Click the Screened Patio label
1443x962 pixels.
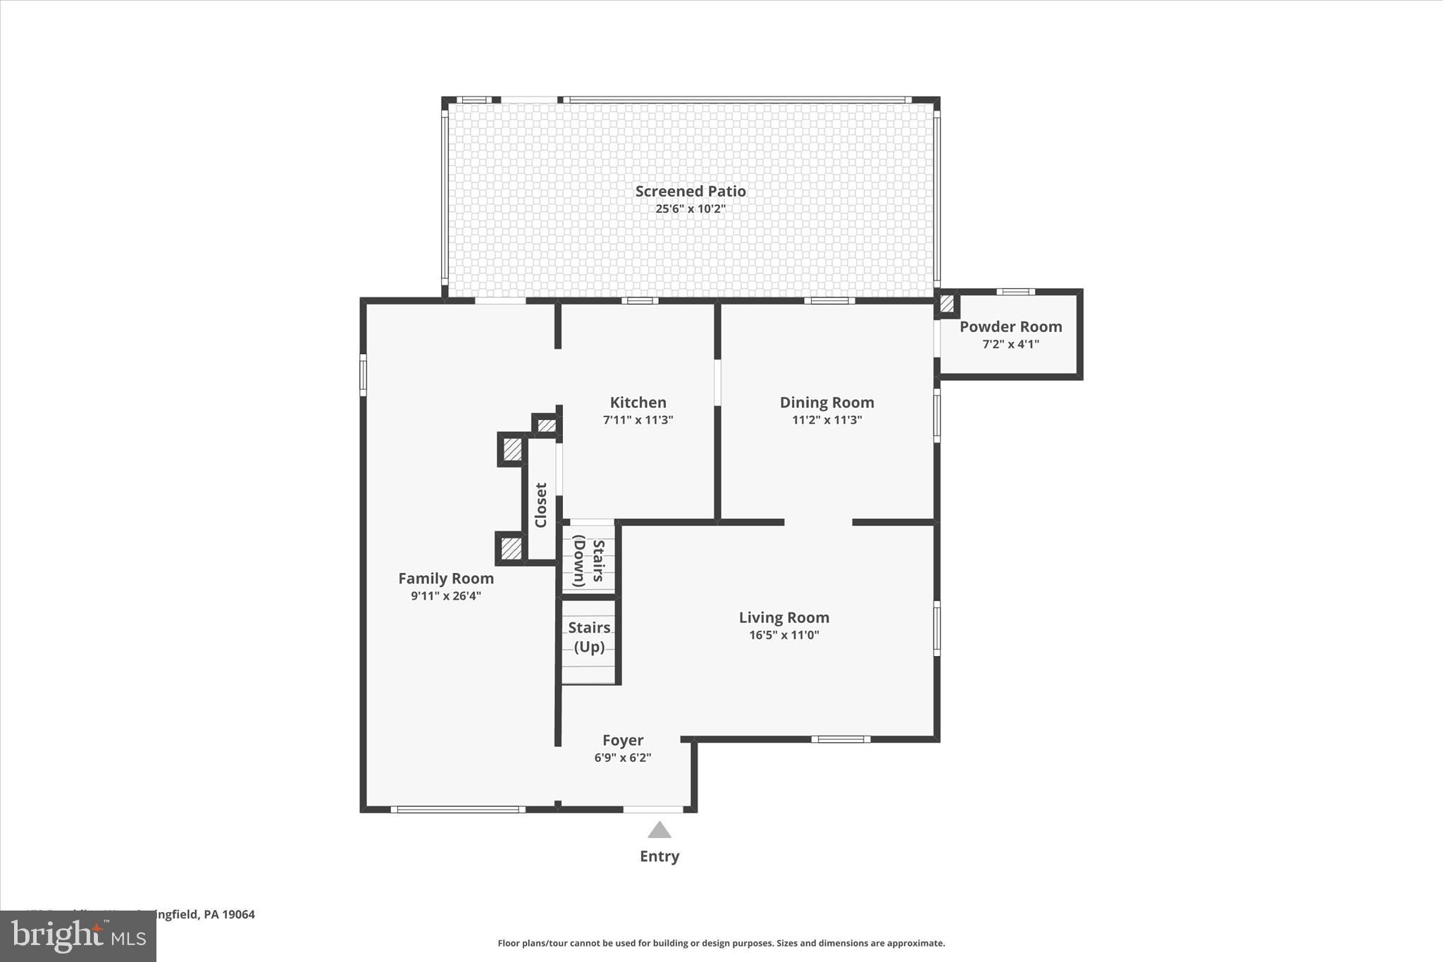point(690,191)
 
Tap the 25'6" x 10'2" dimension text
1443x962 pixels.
point(690,209)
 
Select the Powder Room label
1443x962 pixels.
point(1010,326)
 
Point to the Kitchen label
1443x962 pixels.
point(638,402)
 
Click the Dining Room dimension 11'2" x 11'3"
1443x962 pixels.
point(826,420)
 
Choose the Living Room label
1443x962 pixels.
point(784,617)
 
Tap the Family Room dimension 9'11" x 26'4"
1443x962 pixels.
point(446,596)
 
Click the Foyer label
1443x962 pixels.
point(623,740)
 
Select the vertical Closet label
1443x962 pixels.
point(541,505)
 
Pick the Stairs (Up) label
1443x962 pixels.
point(589,636)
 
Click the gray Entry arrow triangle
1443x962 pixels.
point(659,830)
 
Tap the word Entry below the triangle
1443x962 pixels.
point(659,856)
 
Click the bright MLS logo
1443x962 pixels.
point(78,937)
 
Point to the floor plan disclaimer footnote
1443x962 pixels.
point(721,943)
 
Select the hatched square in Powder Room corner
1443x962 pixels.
point(947,304)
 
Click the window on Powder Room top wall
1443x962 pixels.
point(1015,292)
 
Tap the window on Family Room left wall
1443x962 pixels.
point(364,374)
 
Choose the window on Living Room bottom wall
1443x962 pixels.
point(841,739)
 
